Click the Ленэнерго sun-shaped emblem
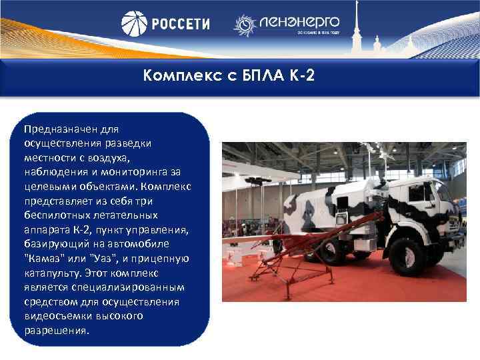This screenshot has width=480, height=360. (244, 25)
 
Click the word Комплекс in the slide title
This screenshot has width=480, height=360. (179, 75)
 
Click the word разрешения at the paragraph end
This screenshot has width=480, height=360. (54, 331)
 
